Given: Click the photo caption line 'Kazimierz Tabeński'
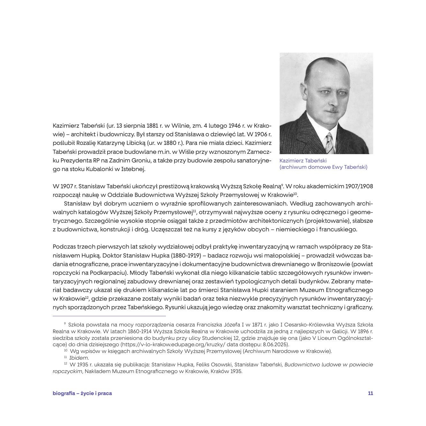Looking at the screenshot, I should tap(303, 161).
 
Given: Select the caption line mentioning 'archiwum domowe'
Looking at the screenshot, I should tap(323, 167).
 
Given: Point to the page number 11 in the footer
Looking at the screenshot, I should tap(370, 393).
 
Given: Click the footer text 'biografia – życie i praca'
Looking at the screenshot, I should tap(82, 393).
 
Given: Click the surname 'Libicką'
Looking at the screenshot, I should tap(133, 143).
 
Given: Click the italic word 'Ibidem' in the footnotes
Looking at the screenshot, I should tap(79, 358).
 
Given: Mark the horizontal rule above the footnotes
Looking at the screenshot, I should tap(109, 316).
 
